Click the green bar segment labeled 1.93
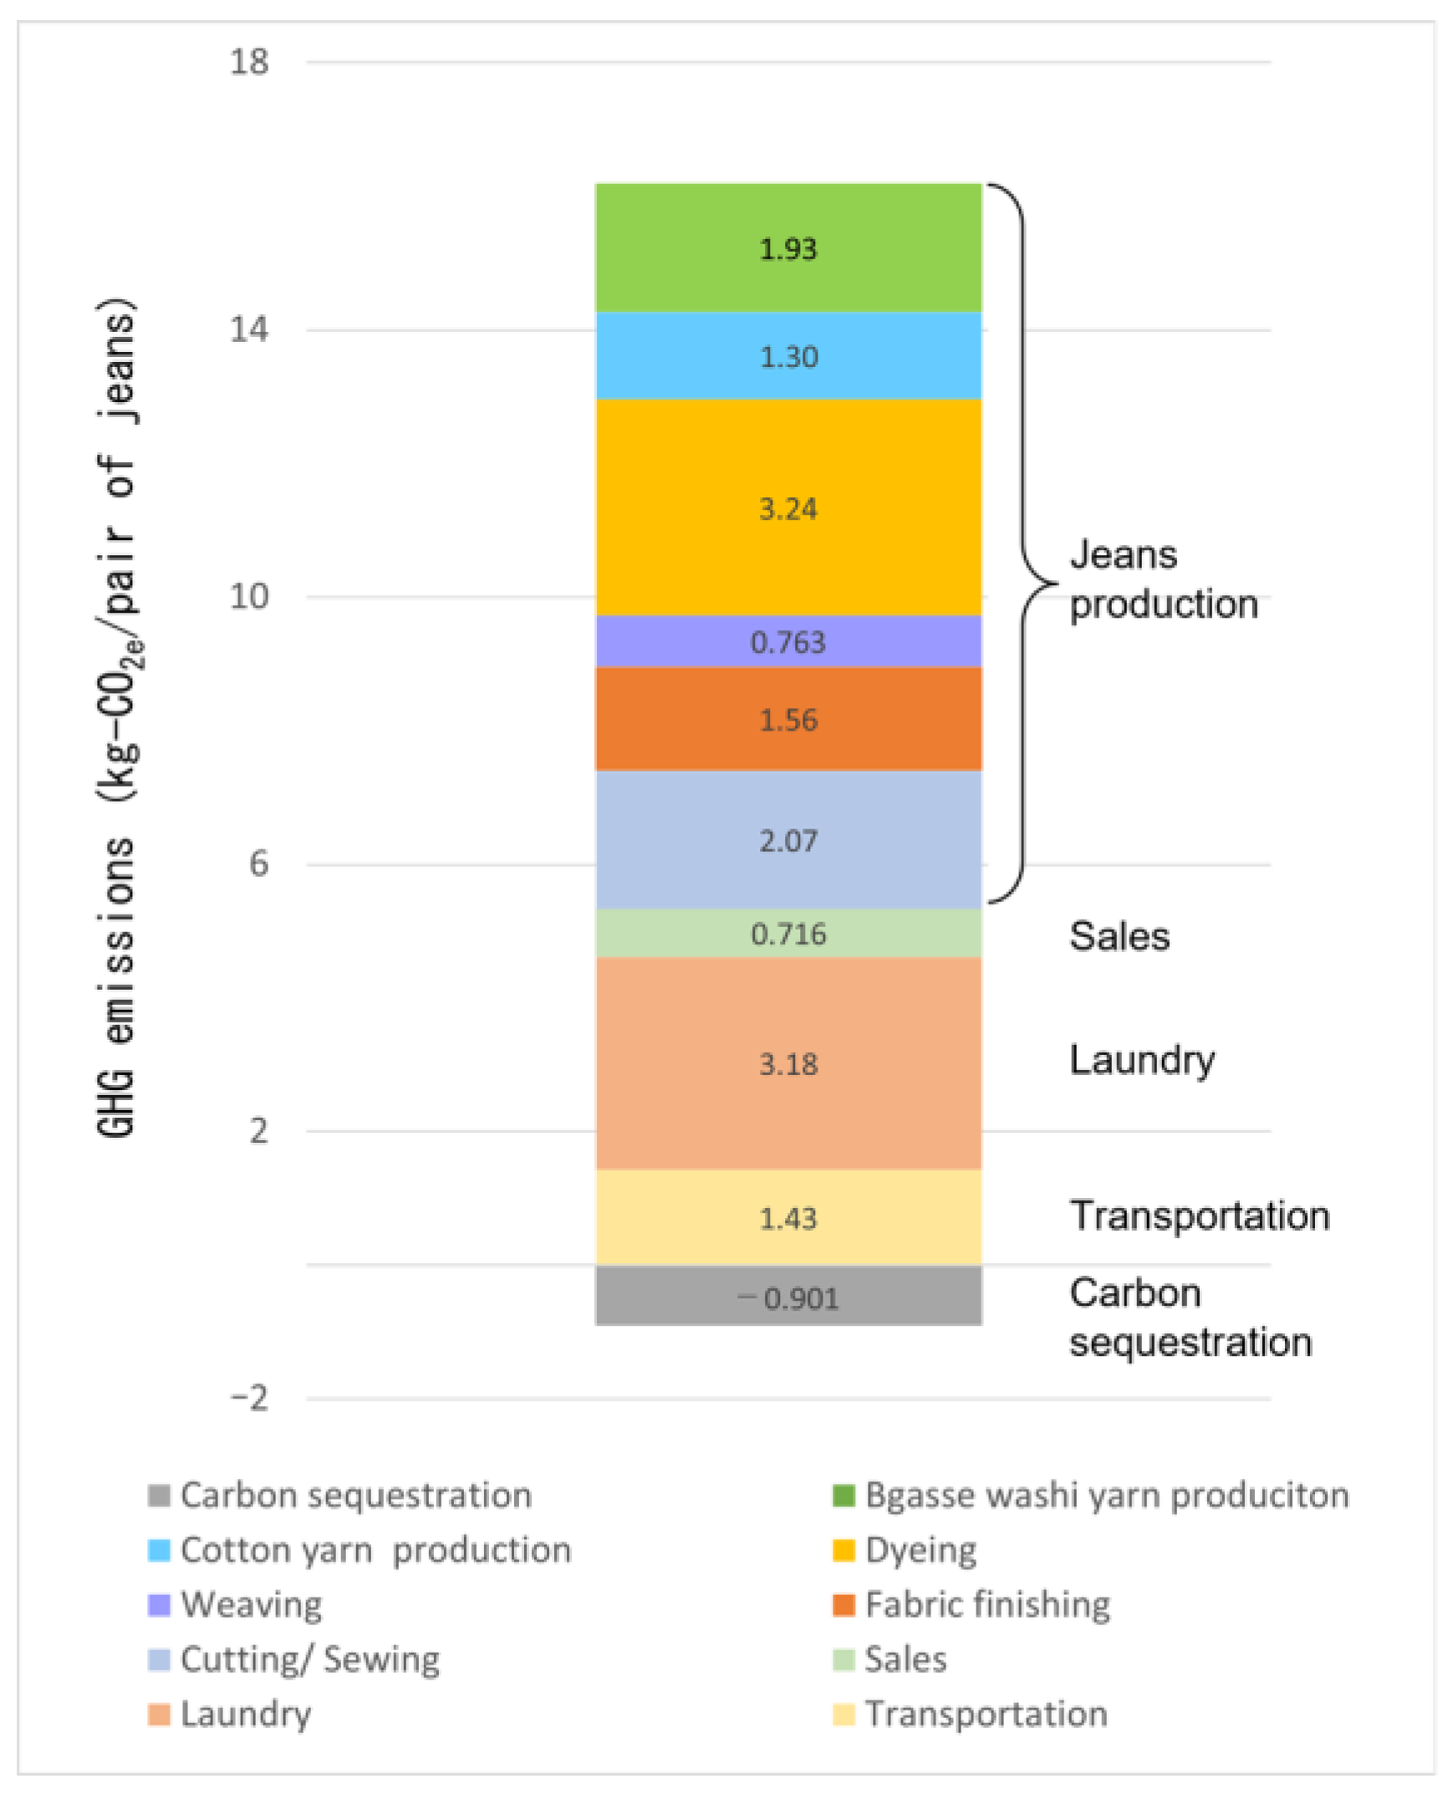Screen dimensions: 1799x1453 coord(788,247)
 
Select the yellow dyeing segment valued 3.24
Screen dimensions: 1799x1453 coord(788,508)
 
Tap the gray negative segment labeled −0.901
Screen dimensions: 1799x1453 coord(788,1297)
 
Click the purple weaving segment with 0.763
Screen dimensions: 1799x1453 coord(788,642)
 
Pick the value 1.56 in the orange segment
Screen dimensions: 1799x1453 coord(788,720)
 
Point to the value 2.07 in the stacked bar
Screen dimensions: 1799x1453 coord(788,840)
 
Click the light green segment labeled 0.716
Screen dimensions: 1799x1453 coord(788,933)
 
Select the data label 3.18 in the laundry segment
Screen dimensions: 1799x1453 coord(788,1064)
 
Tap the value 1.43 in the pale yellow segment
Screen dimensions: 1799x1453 coord(788,1218)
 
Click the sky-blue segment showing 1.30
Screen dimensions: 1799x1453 coord(788,356)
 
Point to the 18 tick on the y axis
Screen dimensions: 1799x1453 coord(248,62)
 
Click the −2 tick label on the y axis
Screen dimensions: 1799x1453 coord(248,1399)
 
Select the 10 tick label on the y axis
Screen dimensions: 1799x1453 coord(248,597)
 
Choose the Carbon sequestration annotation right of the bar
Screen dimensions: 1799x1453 coord(1189,1317)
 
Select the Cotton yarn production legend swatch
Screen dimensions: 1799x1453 coord(159,1550)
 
